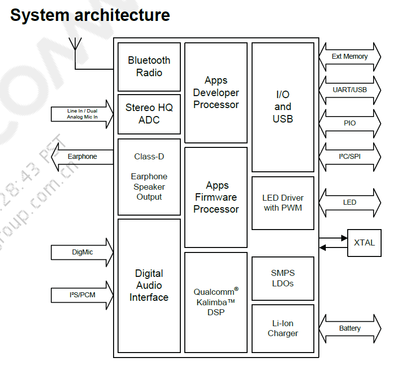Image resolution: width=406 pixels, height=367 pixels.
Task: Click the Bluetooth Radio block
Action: pyautogui.click(x=149, y=67)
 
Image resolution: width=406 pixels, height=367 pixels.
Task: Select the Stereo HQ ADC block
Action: pyautogui.click(x=149, y=114)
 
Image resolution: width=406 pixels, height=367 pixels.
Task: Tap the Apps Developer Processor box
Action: pyautogui.click(x=216, y=93)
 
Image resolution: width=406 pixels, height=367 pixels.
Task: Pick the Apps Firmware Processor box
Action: pyautogui.click(x=216, y=197)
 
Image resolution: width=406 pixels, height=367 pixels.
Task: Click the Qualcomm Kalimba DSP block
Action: pyautogui.click(x=216, y=302)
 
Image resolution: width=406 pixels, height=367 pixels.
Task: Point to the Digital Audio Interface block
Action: pyautogui.click(x=149, y=285)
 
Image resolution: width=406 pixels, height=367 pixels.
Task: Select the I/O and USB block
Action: pyautogui.click(x=282, y=107)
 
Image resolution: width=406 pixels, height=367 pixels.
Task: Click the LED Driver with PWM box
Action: pyautogui.click(x=282, y=203)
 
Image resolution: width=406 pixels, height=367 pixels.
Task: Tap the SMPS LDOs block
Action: pyautogui.click(x=282, y=278)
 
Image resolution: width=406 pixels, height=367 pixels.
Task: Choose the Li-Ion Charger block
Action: pyautogui.click(x=282, y=329)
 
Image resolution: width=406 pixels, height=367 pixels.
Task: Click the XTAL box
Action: pyautogui.click(x=364, y=243)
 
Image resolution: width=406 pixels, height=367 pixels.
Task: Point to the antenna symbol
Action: pyautogui.click(x=75, y=45)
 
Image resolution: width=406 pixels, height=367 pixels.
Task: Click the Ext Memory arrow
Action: pyautogui.click(x=350, y=57)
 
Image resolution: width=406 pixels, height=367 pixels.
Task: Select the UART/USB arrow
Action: pyautogui.click(x=350, y=90)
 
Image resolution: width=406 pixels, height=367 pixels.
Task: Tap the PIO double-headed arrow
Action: pyautogui.click(x=350, y=123)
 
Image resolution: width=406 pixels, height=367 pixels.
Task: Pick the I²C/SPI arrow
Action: pyautogui.click(x=350, y=156)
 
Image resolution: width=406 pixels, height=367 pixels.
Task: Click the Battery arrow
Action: pyautogui.click(x=350, y=329)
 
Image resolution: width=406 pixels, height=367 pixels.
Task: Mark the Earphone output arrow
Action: pyautogui.click(x=82, y=156)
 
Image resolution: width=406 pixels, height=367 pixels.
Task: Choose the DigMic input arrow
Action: pyautogui.click(x=82, y=252)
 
